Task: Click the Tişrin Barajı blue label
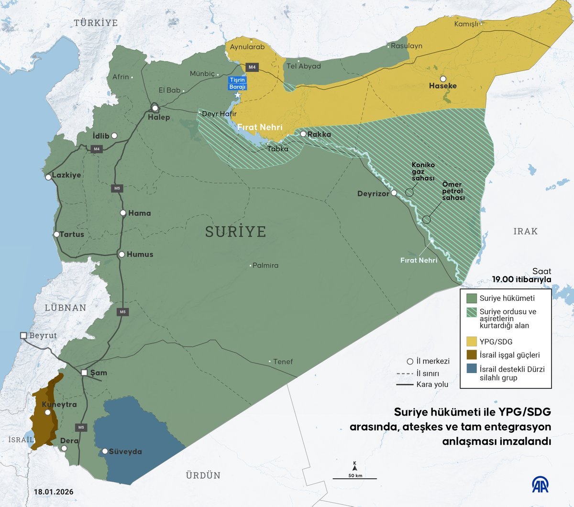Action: click(x=238, y=83)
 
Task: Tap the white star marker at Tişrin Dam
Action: click(x=238, y=95)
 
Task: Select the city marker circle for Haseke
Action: click(x=443, y=78)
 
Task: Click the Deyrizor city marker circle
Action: click(x=394, y=193)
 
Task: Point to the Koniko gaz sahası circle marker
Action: click(x=409, y=192)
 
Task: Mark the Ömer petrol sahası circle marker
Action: click(x=426, y=220)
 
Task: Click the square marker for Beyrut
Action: click(x=23, y=336)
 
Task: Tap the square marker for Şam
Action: click(x=85, y=373)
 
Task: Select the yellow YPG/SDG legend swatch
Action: click(x=472, y=342)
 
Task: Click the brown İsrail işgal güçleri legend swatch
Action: click(x=472, y=355)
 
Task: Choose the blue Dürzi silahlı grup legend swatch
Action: click(x=472, y=369)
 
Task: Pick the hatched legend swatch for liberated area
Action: click(x=472, y=312)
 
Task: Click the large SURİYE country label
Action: click(x=235, y=231)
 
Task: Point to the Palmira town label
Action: click(x=265, y=265)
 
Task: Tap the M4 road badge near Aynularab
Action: click(x=252, y=67)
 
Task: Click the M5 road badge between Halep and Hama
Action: click(x=117, y=188)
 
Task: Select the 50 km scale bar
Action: click(x=355, y=478)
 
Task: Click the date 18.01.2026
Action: click(x=54, y=492)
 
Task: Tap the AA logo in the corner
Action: click(x=541, y=485)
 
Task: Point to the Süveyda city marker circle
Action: click(x=105, y=451)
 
